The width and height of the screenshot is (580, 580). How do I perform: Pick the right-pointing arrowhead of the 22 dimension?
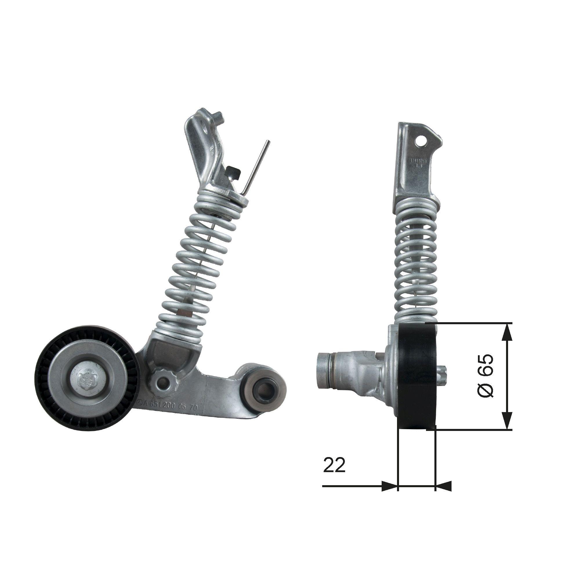coord(389,486)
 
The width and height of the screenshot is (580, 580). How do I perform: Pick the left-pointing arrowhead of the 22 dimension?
coord(443,486)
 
